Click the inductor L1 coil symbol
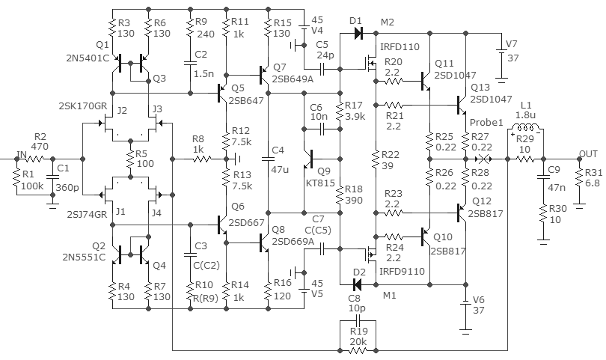525,127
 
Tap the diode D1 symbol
358,34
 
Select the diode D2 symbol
358,285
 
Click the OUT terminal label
588,154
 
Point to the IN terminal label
21,155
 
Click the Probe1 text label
486,123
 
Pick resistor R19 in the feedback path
358,351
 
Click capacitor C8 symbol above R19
358,320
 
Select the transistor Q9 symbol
308,159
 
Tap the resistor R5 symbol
131,159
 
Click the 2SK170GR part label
83,106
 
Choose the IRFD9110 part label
402,272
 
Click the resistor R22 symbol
376,159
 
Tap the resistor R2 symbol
34,159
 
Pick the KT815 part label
320,183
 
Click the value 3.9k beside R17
355,117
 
